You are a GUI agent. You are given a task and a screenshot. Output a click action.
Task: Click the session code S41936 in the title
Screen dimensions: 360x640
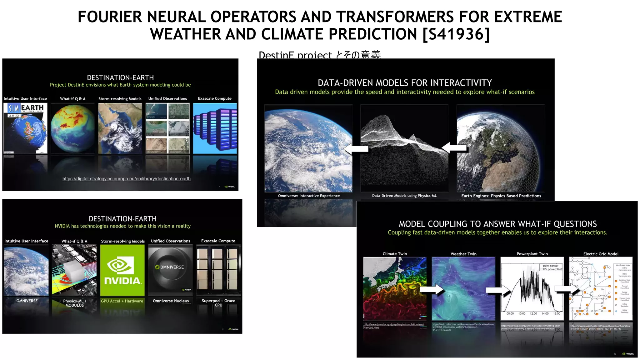pyautogui.click(x=456, y=34)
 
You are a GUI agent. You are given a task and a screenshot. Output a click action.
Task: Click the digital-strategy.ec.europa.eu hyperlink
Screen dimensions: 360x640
pyautogui.click(x=126, y=179)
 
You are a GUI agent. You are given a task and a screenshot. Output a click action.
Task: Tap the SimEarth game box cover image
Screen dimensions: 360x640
pyautogui.click(x=25, y=128)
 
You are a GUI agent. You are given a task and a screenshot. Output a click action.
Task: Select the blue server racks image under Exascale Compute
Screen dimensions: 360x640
pyautogui.click(x=215, y=128)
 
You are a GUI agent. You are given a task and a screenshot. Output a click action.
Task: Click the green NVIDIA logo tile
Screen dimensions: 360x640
pyautogui.click(x=122, y=270)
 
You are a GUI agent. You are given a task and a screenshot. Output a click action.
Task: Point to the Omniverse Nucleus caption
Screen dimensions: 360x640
pyautogui.click(x=171, y=301)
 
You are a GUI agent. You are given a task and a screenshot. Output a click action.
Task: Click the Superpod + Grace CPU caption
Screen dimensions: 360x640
pyautogui.click(x=218, y=302)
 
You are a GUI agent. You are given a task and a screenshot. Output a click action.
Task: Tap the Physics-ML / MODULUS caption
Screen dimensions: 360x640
pyautogui.click(x=75, y=303)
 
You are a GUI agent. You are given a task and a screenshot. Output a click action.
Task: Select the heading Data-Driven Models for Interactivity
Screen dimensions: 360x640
pyautogui.click(x=405, y=83)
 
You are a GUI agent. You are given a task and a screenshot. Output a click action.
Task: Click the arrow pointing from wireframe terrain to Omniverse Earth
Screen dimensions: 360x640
pyautogui.click(x=356, y=149)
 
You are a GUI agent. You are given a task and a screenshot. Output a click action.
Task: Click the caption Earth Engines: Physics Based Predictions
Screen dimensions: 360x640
pyautogui.click(x=501, y=196)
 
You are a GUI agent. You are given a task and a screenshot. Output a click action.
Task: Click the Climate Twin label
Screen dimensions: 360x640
pyautogui.click(x=395, y=254)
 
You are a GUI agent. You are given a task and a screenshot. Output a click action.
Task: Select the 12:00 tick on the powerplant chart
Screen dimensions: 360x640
pyautogui.click(x=533, y=313)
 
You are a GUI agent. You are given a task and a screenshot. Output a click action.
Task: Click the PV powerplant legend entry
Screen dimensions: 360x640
pyautogui.click(x=552, y=269)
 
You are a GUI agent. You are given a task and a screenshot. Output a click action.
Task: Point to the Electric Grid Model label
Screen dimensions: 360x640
pyautogui.click(x=601, y=254)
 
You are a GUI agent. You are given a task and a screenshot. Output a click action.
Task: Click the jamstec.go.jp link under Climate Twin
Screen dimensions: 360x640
pyautogui.click(x=393, y=326)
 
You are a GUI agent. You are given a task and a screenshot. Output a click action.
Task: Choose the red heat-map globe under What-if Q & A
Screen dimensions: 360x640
pyautogui.click(x=72, y=128)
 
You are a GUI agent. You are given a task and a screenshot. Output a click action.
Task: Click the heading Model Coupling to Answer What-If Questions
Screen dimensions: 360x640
pyautogui.click(x=497, y=224)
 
